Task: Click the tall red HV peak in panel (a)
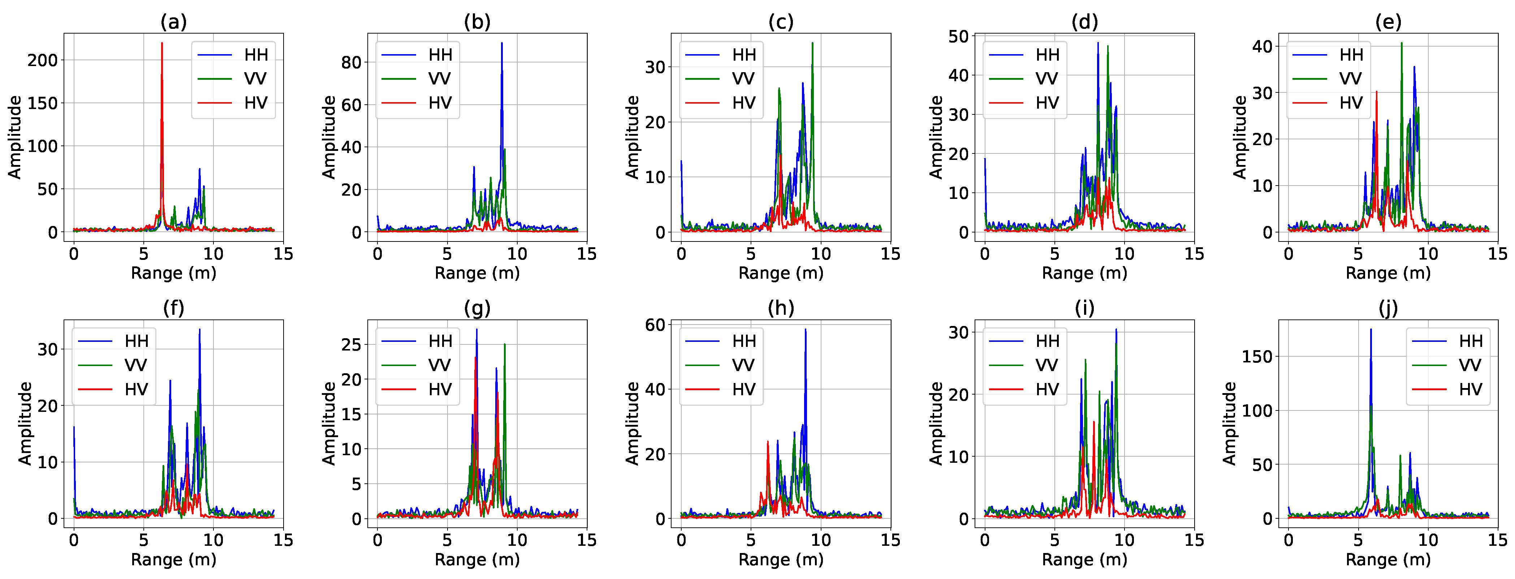click(162, 44)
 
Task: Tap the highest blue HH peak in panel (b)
click(502, 44)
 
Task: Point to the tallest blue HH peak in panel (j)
click(1371, 330)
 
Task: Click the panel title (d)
click(1084, 22)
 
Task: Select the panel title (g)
click(477, 308)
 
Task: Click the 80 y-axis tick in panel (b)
click(351, 62)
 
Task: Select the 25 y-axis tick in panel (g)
click(351, 344)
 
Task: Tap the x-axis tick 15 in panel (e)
click(1497, 254)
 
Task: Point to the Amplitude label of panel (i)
click(935, 423)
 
